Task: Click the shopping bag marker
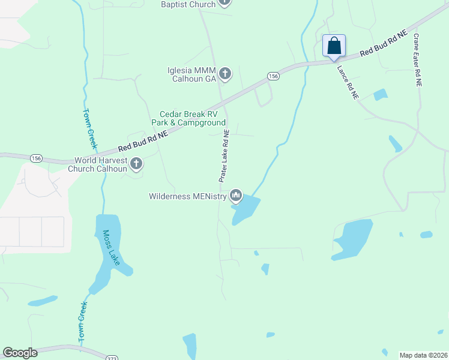[x=334, y=46]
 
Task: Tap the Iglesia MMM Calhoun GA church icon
[x=225, y=74]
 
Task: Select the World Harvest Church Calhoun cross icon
[x=136, y=163]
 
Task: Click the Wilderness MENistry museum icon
[x=236, y=196]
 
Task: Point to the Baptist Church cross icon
[x=224, y=2]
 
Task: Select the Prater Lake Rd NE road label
[x=223, y=156]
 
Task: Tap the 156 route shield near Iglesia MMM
[x=273, y=76]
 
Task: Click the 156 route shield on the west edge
[x=36, y=158]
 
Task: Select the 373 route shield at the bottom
[x=112, y=358]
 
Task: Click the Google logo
[x=20, y=353]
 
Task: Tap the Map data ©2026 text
[x=423, y=355]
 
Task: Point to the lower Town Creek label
[x=82, y=322]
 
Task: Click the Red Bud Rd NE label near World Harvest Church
[x=142, y=141]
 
